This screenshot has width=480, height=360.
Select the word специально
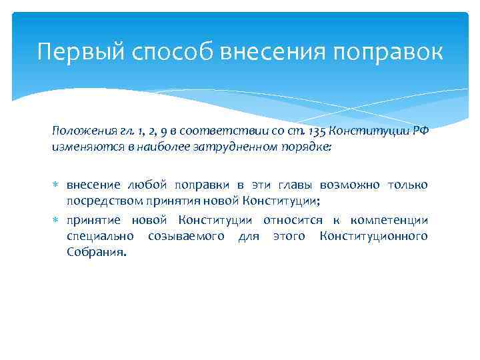tap(99, 236)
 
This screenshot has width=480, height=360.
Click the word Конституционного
tap(374, 236)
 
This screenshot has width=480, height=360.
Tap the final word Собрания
tap(95, 253)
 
